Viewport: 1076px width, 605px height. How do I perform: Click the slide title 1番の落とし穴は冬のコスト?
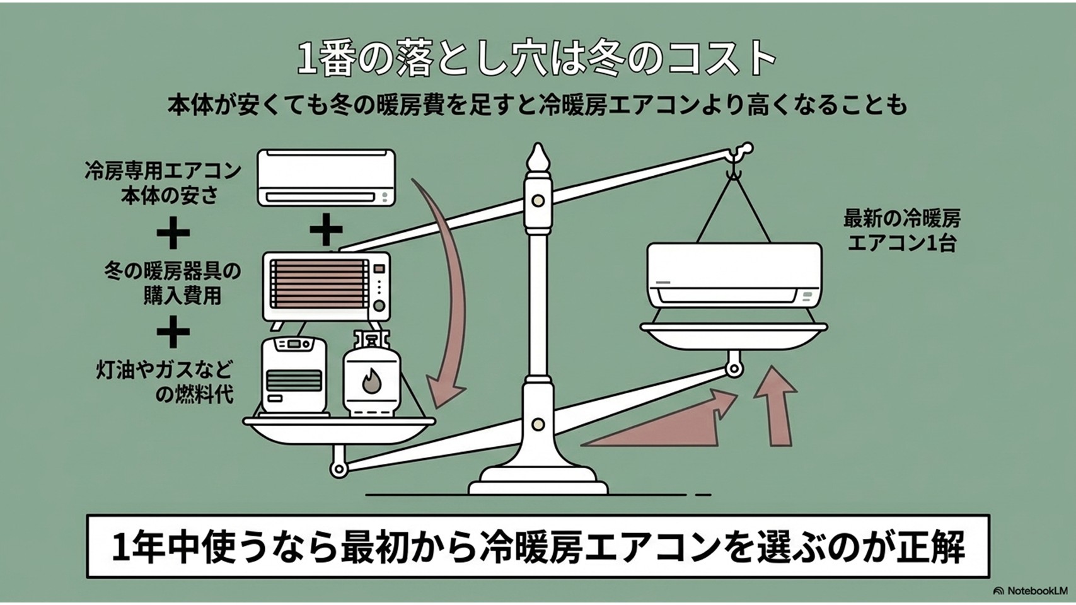tap(536, 59)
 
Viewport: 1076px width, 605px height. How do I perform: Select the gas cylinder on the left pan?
tap(371, 374)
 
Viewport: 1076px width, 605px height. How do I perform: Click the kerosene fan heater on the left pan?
tap(294, 377)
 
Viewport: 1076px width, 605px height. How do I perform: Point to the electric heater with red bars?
tap(326, 287)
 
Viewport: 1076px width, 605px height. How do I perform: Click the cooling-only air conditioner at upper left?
tap(326, 178)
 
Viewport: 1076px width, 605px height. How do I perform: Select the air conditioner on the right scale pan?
tap(734, 275)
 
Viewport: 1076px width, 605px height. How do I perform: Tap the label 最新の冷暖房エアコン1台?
tap(901, 231)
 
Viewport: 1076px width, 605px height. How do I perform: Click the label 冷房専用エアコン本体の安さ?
tap(163, 183)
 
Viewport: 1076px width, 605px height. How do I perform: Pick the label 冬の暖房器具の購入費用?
tap(172, 284)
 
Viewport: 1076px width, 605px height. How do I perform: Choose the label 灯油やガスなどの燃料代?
tap(165, 383)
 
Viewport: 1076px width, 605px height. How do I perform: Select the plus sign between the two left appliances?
tap(326, 229)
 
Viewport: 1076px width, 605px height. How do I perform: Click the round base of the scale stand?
tap(538, 480)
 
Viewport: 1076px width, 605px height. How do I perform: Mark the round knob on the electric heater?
tap(379, 306)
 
